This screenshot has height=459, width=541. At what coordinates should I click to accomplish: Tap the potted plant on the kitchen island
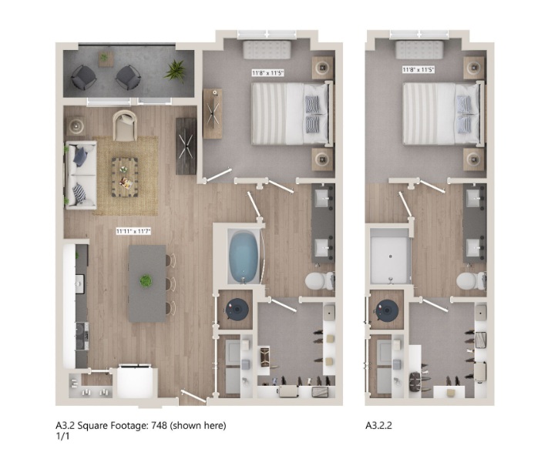pos(146,280)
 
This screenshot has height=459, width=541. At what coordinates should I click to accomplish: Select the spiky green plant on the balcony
pos(175,71)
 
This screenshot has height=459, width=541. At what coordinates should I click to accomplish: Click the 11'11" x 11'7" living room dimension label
pos(133,231)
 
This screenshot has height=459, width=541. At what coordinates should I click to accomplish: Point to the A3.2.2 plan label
pos(378,425)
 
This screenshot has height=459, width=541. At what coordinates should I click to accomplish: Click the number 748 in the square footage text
pos(159,425)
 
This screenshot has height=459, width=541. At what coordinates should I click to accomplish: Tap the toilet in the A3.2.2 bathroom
pos(472,280)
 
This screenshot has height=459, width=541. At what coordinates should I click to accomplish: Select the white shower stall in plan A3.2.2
pos(391,256)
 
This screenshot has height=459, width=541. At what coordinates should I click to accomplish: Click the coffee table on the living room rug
pos(125,177)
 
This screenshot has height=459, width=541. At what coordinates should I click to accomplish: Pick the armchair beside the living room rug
pos(125,126)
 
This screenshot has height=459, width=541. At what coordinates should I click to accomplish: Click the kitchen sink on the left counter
pos(79,283)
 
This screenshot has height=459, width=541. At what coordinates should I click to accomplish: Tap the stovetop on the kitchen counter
pos(82,337)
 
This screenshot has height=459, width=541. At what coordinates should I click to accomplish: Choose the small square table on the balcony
pos(106,59)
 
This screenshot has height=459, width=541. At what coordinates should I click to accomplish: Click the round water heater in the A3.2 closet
pos(237,310)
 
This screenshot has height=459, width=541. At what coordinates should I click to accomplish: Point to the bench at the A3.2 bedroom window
pos(267,49)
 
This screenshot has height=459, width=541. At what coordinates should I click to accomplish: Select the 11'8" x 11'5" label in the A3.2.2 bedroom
pos(418,70)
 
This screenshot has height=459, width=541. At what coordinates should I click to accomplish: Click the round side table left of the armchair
pos(76,126)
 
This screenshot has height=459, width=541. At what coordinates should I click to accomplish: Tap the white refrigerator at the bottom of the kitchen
pos(135,381)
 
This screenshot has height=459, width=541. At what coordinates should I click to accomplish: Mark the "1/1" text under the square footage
pos(62,436)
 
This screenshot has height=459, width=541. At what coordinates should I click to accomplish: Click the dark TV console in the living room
pos(186,146)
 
